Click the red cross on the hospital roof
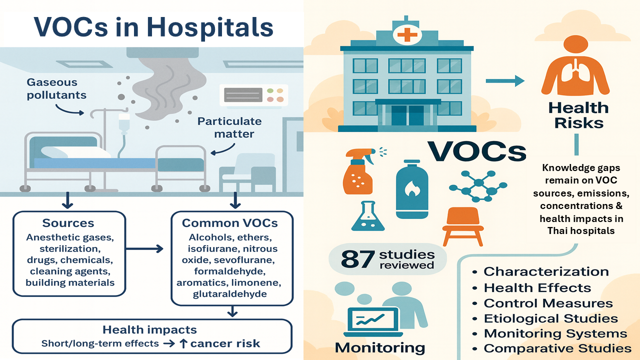[x=406, y=35]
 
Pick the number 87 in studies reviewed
[x=358, y=259]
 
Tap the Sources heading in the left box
[x=68, y=222]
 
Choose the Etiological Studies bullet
[x=551, y=318]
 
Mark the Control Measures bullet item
[x=548, y=303]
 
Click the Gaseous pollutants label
[x=56, y=88]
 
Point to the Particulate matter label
[x=229, y=127]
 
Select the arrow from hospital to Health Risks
[x=504, y=80]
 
